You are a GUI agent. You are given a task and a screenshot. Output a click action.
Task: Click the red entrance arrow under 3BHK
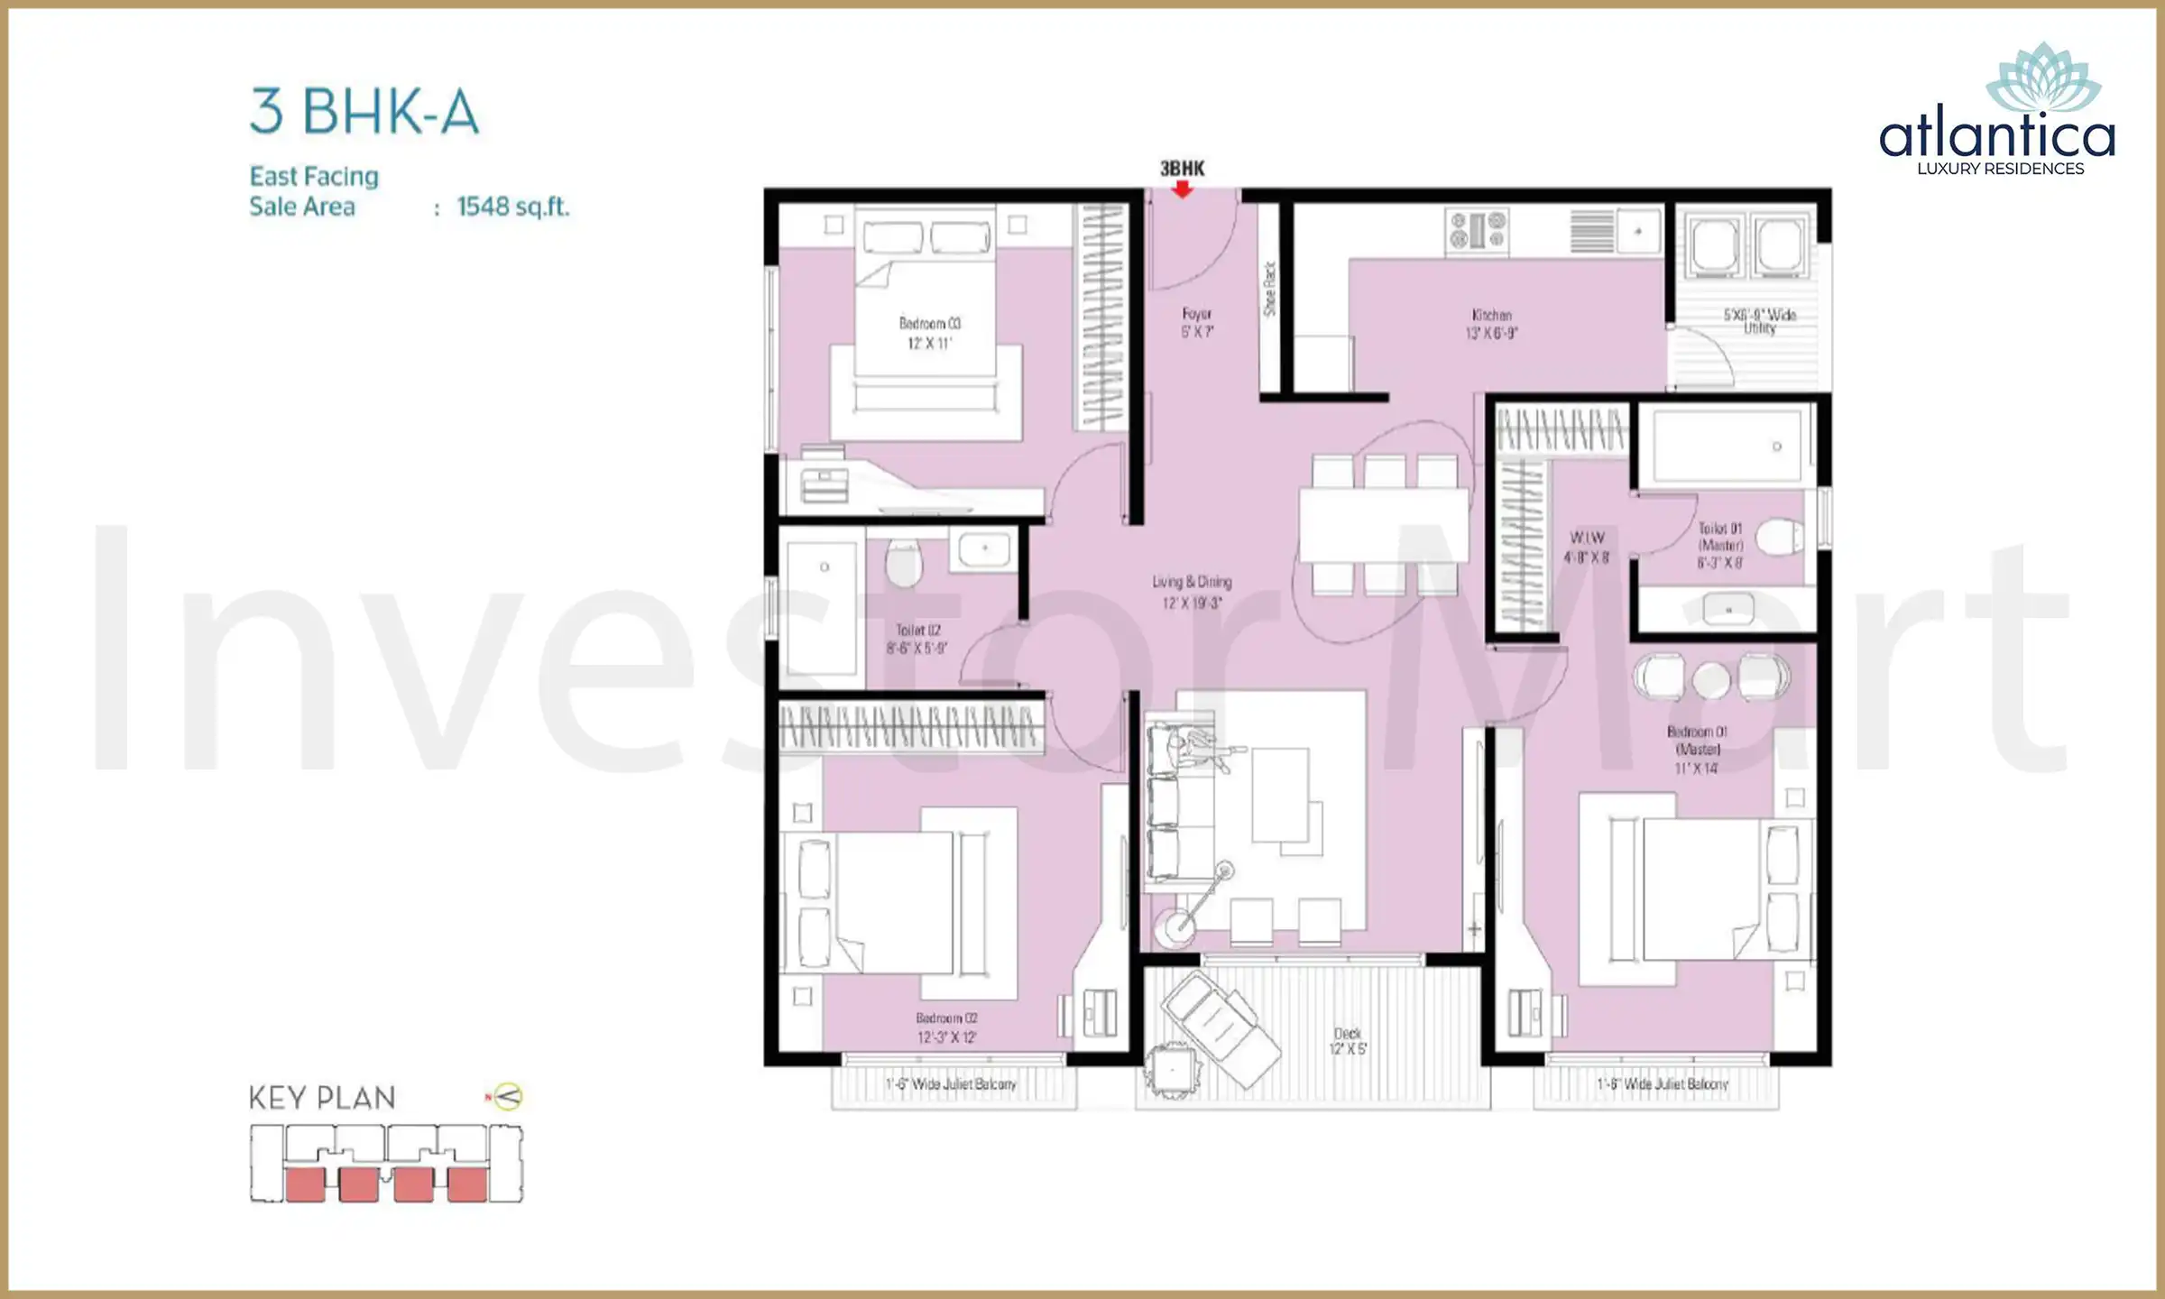pyautogui.click(x=1182, y=189)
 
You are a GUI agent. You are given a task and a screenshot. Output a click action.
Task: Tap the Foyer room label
pyautogui.click(x=1197, y=322)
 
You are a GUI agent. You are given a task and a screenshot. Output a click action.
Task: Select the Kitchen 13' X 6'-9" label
pyautogui.click(x=1491, y=324)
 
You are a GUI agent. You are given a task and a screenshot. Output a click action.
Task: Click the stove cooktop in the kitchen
pyautogui.click(x=1477, y=229)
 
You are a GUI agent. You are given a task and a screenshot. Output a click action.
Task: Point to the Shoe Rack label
pyautogui.click(x=1270, y=289)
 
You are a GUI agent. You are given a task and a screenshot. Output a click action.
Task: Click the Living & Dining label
pyautogui.click(x=1192, y=591)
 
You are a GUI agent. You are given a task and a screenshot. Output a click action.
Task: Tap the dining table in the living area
pyautogui.click(x=1383, y=524)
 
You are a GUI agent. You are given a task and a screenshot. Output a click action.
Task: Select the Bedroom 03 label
pyautogui.click(x=929, y=332)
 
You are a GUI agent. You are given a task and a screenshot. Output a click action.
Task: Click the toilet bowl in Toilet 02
pyautogui.click(x=904, y=564)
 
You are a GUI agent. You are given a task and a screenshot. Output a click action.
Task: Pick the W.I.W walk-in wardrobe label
pyautogui.click(x=1586, y=547)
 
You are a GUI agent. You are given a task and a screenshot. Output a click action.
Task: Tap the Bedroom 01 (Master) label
pyautogui.click(x=1696, y=749)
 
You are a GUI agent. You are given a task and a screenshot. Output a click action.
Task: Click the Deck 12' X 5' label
pyautogui.click(x=1348, y=1040)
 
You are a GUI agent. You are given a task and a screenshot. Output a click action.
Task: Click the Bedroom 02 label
pyautogui.click(x=946, y=1027)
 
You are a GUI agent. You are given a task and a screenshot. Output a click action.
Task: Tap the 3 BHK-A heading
pyautogui.click(x=364, y=112)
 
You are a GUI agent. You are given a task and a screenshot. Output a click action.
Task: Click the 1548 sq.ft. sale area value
pyautogui.click(x=512, y=207)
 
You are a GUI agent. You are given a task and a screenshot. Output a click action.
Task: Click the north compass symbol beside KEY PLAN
pyautogui.click(x=508, y=1097)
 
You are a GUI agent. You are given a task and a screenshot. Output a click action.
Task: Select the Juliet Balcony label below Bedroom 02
pyautogui.click(x=951, y=1084)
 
